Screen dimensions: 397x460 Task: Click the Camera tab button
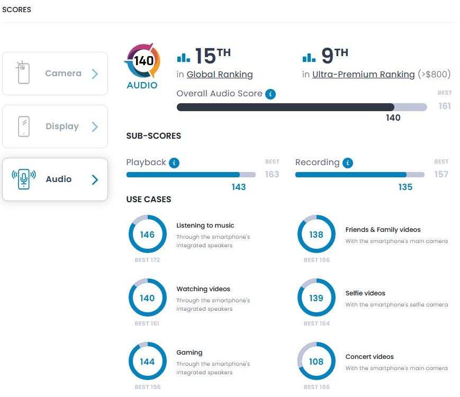coord(55,74)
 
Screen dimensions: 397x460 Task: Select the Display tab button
coord(55,127)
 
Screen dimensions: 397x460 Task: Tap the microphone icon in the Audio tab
coord(24,179)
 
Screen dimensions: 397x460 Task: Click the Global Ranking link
coord(220,75)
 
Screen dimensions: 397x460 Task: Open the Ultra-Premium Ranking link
coord(363,75)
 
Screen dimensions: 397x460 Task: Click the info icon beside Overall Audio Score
coord(270,94)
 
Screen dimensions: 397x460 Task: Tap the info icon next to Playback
coord(174,163)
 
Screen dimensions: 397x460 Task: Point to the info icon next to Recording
coord(348,163)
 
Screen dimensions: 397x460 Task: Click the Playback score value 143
coord(239,187)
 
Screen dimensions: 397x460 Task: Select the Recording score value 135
coord(405,187)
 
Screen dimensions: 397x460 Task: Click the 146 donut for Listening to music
coord(147,234)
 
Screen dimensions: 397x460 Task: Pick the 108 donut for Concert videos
coord(316,362)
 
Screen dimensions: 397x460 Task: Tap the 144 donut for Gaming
coord(147,362)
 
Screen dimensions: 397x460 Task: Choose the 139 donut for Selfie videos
coord(316,298)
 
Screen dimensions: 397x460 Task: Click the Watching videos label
coord(203,289)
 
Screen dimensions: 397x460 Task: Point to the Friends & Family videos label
coord(383,230)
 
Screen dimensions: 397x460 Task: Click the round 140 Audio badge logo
coord(142,61)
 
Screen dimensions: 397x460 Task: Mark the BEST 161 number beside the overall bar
coord(445,106)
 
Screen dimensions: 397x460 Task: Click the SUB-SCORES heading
coord(154,136)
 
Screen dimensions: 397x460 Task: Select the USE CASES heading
coord(149,200)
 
